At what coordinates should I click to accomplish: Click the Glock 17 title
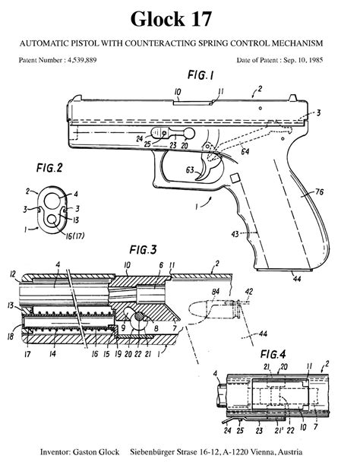tap(179, 17)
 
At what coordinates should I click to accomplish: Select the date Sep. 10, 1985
tap(312, 59)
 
